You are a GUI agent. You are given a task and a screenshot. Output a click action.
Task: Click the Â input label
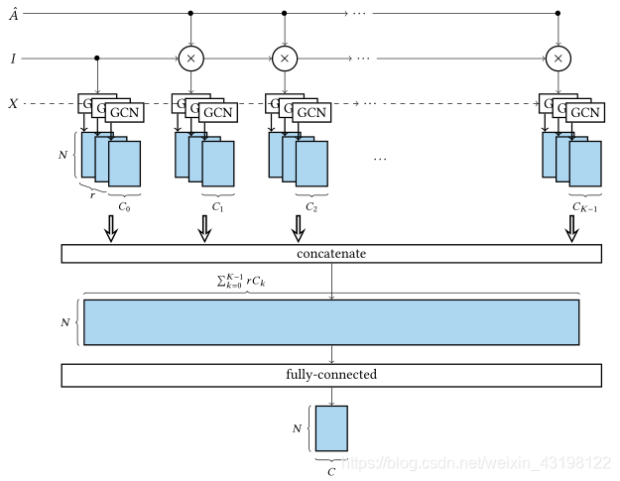14,14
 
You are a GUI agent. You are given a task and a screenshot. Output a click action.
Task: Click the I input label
13,59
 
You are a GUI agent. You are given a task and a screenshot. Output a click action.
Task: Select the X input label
13,104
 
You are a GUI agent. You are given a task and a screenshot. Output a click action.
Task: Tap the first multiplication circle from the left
190,59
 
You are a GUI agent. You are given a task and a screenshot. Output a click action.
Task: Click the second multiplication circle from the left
285,59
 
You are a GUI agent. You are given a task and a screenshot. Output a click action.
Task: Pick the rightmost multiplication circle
558,59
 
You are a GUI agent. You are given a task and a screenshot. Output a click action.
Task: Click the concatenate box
331,254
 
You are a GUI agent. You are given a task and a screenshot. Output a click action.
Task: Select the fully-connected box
331,375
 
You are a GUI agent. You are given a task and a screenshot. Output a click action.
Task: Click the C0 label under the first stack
124,207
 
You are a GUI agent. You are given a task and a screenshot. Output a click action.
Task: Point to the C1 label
217,207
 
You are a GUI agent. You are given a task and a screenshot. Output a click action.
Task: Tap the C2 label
311,207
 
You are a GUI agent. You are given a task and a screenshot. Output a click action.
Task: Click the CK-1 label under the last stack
584,207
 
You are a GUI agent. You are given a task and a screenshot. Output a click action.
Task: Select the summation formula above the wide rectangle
242,281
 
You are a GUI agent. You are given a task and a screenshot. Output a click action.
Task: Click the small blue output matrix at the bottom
332,428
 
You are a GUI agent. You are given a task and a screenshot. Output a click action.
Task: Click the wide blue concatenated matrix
331,322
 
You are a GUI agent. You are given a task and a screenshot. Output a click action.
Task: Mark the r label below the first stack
92,196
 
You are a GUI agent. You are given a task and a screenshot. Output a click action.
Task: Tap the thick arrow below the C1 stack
204,229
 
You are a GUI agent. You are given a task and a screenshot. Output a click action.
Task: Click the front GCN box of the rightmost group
584,112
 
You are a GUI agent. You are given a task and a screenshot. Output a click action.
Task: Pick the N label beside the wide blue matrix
66,322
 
